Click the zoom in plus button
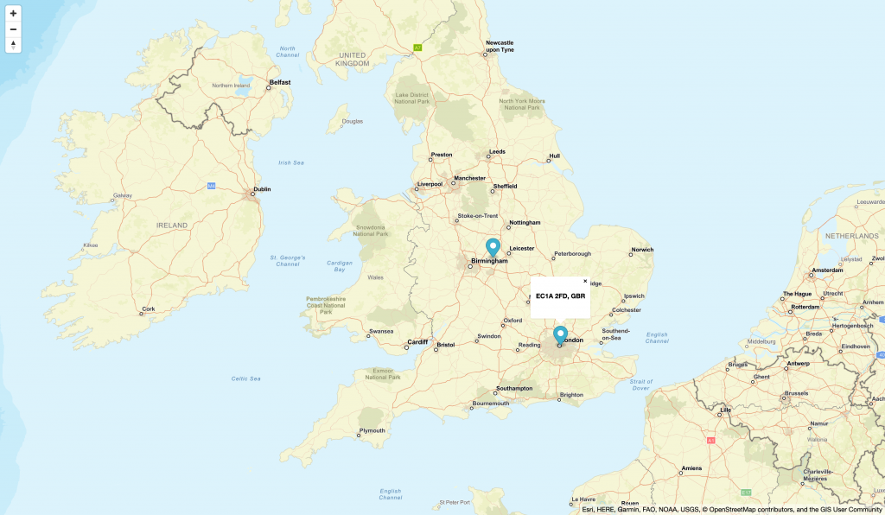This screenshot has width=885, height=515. (13, 14)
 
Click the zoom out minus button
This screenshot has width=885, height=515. (13, 29)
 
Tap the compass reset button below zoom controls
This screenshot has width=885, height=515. (13, 45)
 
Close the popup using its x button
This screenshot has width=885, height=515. (585, 281)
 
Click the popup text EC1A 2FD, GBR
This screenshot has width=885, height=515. (560, 296)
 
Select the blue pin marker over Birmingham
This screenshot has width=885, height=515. (493, 247)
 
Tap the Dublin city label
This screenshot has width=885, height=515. (261, 189)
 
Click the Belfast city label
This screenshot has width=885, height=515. (280, 82)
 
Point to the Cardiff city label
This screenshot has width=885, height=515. (417, 341)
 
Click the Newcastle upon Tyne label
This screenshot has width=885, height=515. (500, 46)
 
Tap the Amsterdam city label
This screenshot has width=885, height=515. (827, 270)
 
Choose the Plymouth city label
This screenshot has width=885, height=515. (372, 430)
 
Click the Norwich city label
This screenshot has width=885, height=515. (642, 250)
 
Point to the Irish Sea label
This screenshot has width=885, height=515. (291, 162)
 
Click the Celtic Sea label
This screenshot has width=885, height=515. (246, 378)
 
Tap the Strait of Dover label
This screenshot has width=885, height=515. (641, 385)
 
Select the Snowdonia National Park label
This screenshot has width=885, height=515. (370, 231)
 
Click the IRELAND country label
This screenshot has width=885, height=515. (171, 225)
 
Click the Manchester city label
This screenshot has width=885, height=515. (469, 178)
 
